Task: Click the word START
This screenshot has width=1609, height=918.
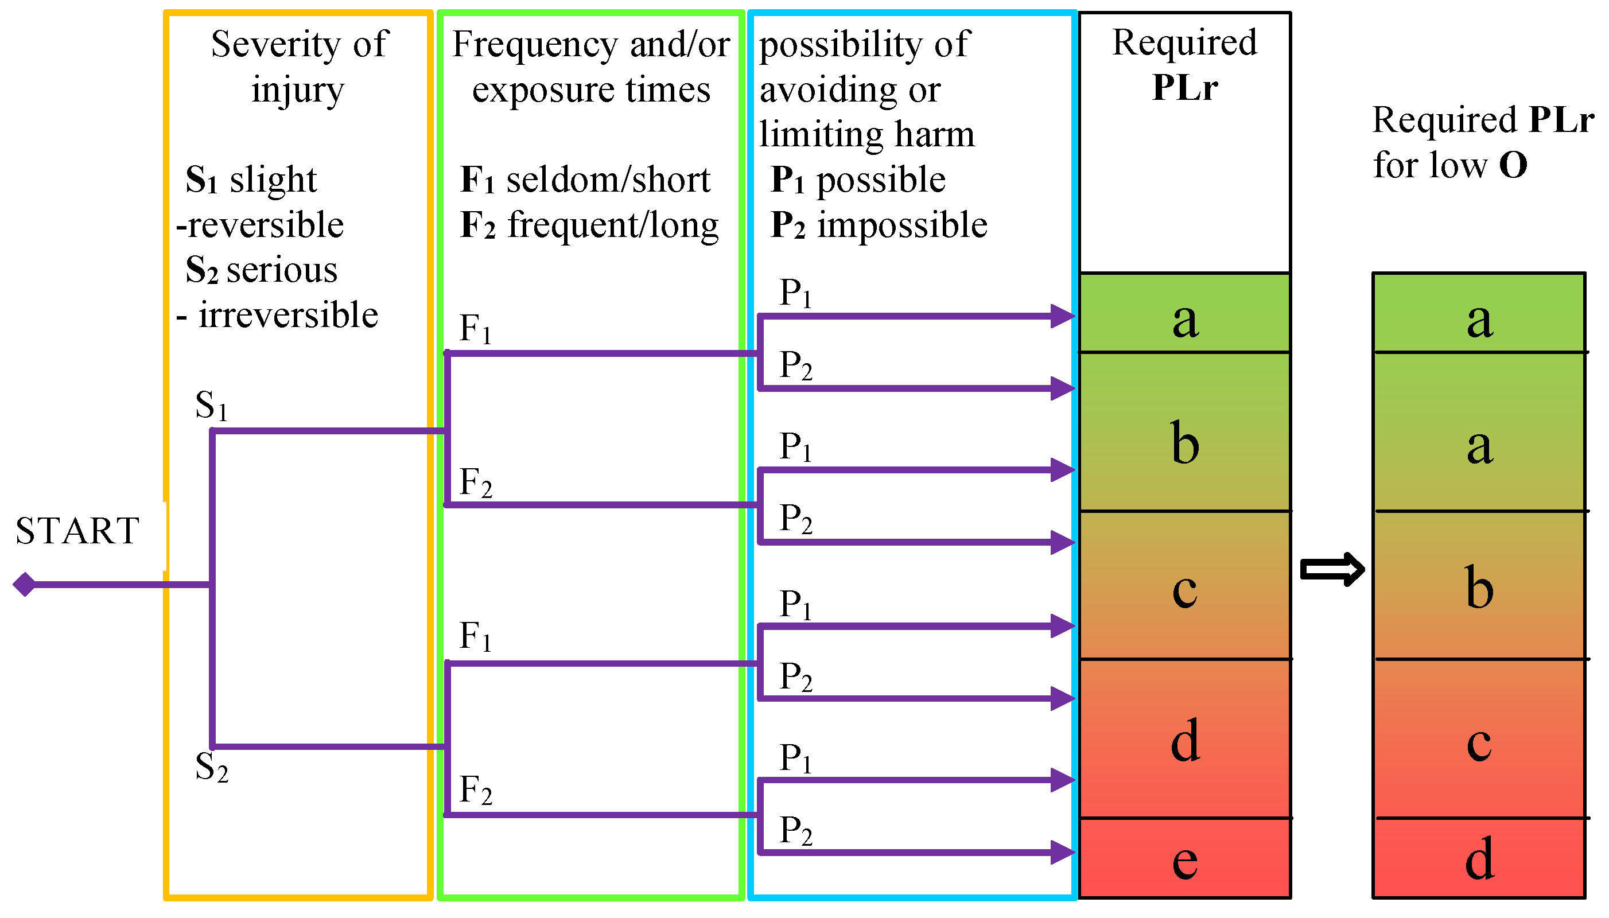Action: (x=77, y=531)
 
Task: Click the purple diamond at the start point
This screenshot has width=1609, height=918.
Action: (x=25, y=585)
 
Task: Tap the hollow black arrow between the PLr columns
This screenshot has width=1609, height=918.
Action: (x=1332, y=569)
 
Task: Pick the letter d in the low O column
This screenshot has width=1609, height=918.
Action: (x=1479, y=859)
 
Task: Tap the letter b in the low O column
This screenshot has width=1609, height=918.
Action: (x=1479, y=588)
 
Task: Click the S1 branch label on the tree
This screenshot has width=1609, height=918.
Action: (x=211, y=406)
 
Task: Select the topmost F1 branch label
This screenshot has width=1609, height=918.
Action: (x=475, y=329)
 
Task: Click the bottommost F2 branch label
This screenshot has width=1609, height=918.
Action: (x=475, y=790)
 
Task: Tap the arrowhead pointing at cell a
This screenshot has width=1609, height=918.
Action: (x=1063, y=316)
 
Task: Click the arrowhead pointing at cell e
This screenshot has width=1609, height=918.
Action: (x=1063, y=853)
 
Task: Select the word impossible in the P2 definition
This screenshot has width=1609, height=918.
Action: (x=901, y=225)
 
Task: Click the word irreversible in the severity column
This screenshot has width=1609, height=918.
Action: (x=288, y=315)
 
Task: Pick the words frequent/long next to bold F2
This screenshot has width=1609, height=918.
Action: (x=613, y=225)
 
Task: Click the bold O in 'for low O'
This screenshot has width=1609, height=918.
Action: (x=1513, y=166)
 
